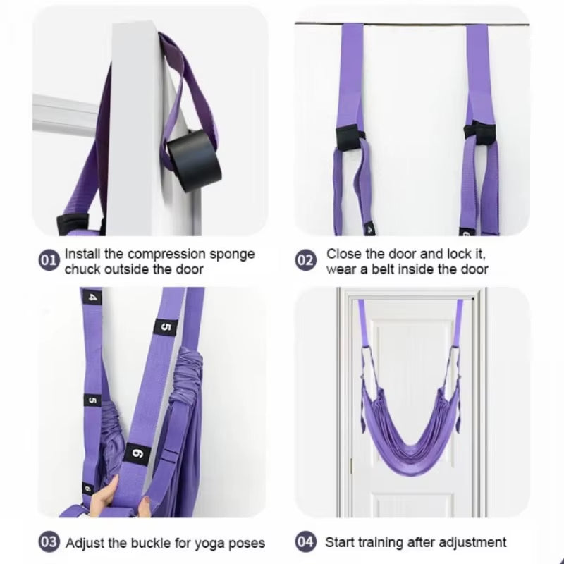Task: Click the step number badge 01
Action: point(48,261)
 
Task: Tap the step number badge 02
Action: point(305,261)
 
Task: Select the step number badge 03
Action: point(48,543)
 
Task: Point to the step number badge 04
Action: point(305,543)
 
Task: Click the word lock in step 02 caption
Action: point(463,254)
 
